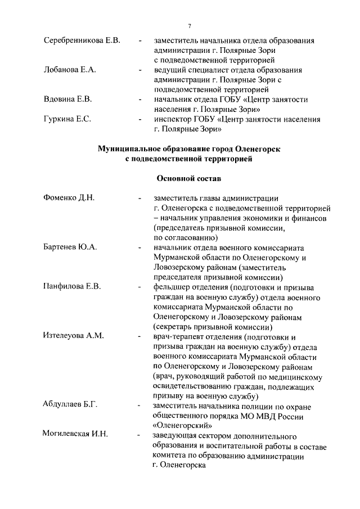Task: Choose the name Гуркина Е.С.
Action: (x=67, y=119)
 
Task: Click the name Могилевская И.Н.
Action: (x=75, y=435)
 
